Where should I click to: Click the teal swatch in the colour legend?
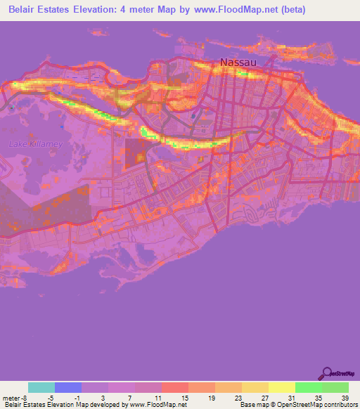tap(41, 387)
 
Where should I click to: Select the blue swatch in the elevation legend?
tap(68, 387)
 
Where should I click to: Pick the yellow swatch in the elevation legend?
tap(282, 387)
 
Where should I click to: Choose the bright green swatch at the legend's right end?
tap(335, 387)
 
